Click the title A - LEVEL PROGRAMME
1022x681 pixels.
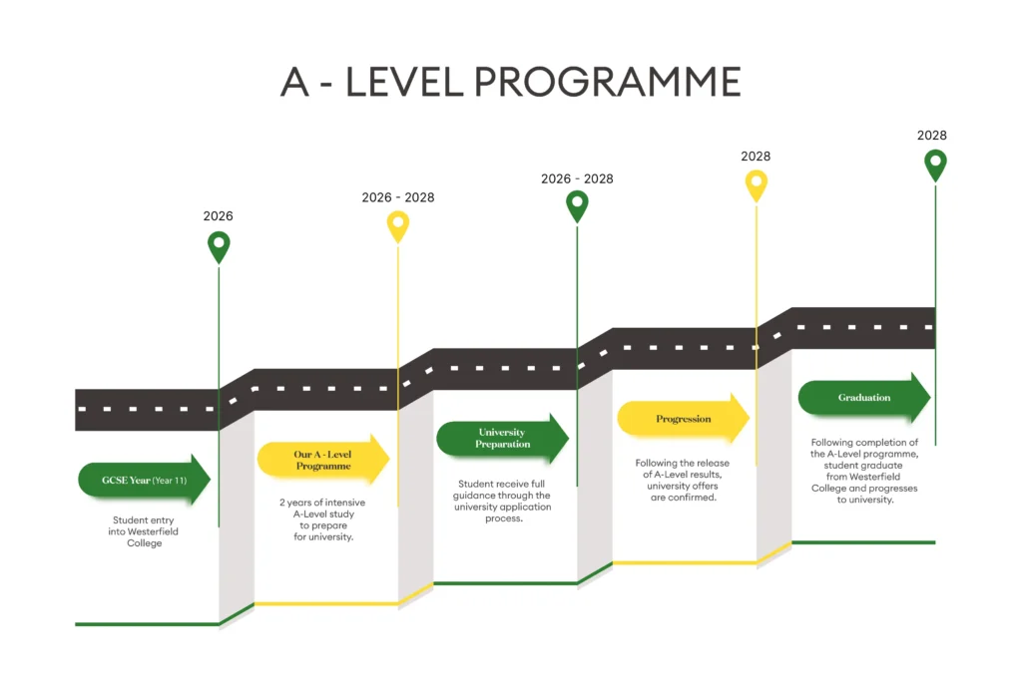pos(510,82)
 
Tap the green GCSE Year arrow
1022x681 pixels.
pos(144,480)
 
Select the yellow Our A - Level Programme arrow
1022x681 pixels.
pos(322,460)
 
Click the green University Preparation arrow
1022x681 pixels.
pos(501,438)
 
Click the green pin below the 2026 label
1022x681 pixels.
pos(219,245)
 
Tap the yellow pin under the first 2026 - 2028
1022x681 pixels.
pos(398,225)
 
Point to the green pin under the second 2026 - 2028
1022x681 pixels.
pos(577,204)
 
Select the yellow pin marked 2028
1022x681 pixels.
pos(757,183)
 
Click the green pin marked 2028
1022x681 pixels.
pos(935,164)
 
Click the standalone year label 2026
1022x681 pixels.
pos(219,216)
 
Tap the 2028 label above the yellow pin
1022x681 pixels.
pos(756,157)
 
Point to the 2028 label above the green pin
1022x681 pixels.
pos(932,136)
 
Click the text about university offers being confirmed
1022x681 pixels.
pos(683,480)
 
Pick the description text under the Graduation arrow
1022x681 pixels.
pos(864,471)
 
